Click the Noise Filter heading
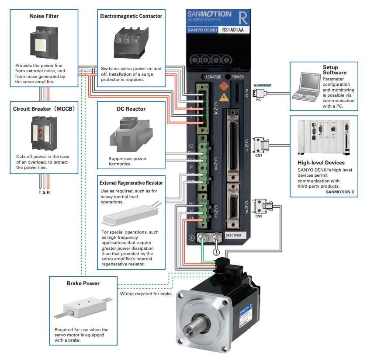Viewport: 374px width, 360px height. (x=44, y=16)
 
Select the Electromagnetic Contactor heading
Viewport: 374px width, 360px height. (x=131, y=16)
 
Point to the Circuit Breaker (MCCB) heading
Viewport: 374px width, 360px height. (x=44, y=108)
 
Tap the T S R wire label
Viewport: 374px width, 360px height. (x=44, y=192)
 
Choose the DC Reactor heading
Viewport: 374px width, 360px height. (x=131, y=108)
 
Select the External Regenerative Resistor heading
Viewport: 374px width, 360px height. (x=131, y=182)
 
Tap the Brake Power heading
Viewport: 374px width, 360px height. (x=83, y=283)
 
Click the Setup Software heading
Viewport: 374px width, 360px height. (x=334, y=70)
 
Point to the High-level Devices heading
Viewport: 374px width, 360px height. (x=321, y=163)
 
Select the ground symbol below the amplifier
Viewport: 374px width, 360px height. (x=215, y=252)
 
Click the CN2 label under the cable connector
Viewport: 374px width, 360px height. (x=259, y=216)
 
